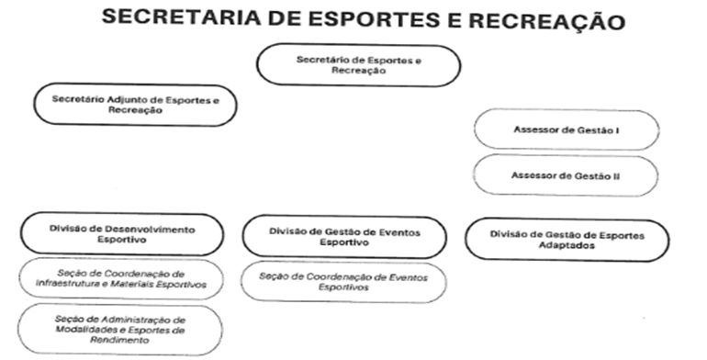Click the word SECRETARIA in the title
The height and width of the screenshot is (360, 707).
click(x=181, y=17)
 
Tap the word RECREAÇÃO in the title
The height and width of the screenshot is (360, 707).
click(x=547, y=21)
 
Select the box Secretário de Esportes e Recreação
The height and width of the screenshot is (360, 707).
click(x=359, y=65)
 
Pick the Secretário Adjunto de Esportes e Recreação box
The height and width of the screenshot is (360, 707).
click(x=135, y=104)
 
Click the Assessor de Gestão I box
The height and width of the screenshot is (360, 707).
click(x=567, y=129)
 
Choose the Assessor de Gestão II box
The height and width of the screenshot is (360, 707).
click(x=566, y=175)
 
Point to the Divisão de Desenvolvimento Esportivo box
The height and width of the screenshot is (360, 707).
click(x=122, y=234)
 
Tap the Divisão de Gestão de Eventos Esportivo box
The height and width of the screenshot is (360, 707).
click(x=344, y=237)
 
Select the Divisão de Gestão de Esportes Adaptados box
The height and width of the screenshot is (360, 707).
click(x=567, y=240)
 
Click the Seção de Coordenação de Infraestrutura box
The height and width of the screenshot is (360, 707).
click(x=121, y=279)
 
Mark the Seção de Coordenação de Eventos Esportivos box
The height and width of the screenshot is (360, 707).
click(x=343, y=282)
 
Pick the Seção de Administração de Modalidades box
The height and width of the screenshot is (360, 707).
click(x=120, y=330)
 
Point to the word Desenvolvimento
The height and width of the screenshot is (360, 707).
click(x=150, y=230)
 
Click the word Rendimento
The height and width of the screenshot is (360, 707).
click(x=119, y=340)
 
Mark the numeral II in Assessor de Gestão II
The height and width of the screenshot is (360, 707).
click(x=616, y=176)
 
